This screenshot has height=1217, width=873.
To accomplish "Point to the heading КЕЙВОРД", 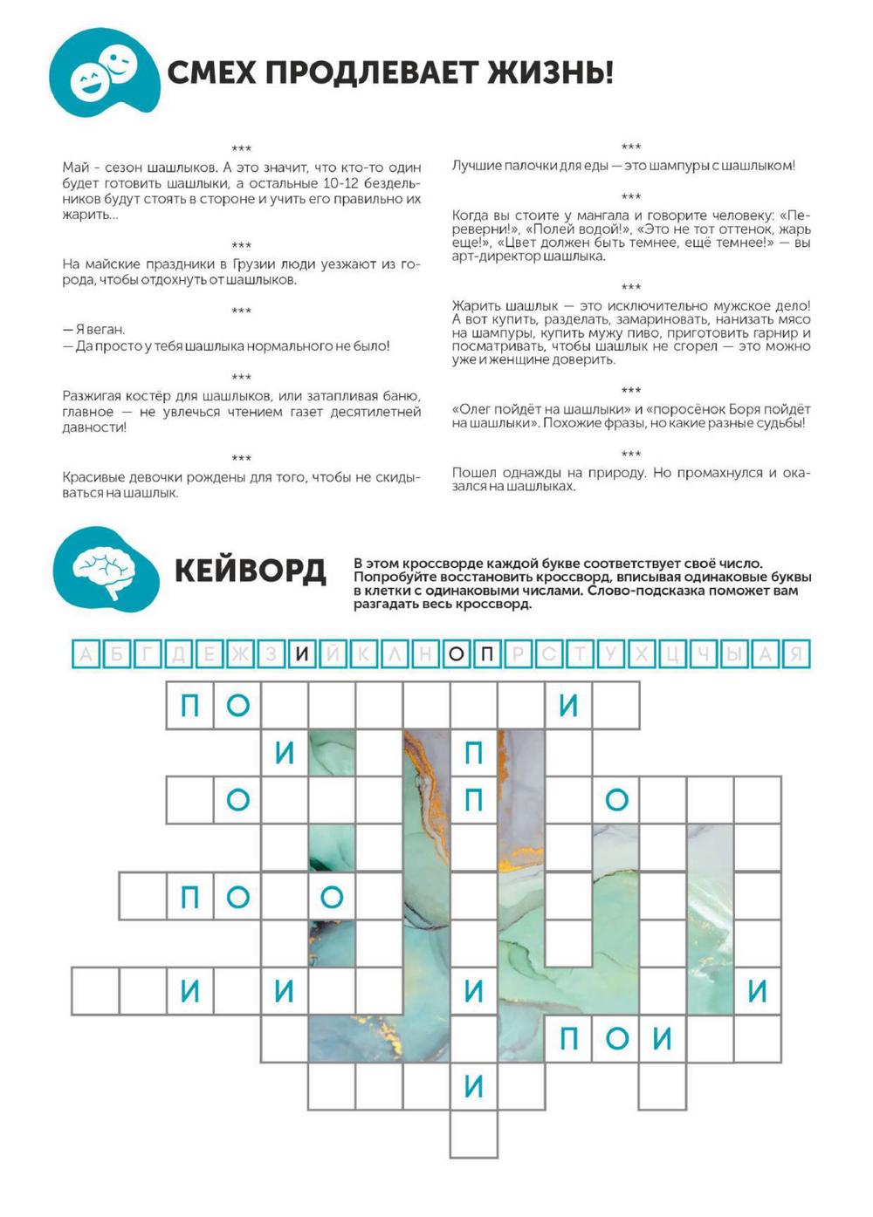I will point(251,571).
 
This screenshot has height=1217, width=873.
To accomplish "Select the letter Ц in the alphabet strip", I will point(672,654).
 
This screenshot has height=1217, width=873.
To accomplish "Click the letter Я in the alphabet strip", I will point(796,654).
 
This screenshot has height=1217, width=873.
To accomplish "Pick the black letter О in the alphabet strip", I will point(457,654).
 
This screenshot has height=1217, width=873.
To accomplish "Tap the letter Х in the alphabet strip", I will point(642,654).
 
